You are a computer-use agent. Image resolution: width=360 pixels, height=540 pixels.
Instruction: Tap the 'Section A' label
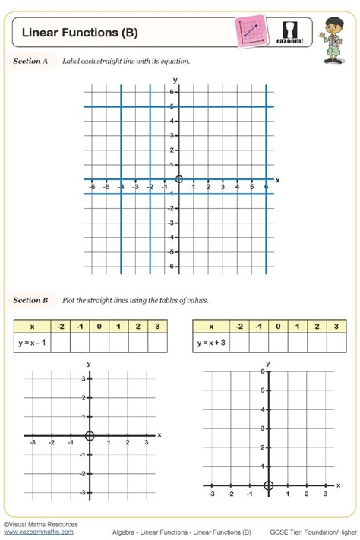(x=30, y=61)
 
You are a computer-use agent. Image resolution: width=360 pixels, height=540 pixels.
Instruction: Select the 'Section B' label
(x=30, y=300)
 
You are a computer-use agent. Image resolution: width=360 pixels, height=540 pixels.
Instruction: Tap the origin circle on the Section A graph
(x=179, y=179)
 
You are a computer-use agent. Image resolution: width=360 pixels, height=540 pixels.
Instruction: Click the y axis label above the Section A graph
(x=175, y=80)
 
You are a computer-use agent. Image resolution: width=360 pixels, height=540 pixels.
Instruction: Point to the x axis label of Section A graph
(x=278, y=180)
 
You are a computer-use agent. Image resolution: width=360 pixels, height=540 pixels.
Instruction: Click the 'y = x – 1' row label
(x=32, y=343)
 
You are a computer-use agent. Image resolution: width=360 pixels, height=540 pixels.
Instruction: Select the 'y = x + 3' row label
(x=211, y=343)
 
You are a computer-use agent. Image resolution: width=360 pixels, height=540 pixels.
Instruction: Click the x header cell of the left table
(x=32, y=326)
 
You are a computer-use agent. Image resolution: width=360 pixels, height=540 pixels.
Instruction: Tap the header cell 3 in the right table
(x=336, y=326)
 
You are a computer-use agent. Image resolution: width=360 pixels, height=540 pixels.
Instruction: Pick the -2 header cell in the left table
(x=60, y=326)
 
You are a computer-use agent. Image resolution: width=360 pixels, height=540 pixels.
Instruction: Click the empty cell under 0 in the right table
(x=277, y=343)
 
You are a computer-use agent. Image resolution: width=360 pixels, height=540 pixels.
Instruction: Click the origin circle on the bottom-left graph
(x=90, y=436)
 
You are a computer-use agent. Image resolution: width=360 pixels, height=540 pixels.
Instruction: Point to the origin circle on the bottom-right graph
(x=268, y=486)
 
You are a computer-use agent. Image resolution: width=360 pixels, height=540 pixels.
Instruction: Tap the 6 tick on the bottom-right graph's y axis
(x=261, y=371)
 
